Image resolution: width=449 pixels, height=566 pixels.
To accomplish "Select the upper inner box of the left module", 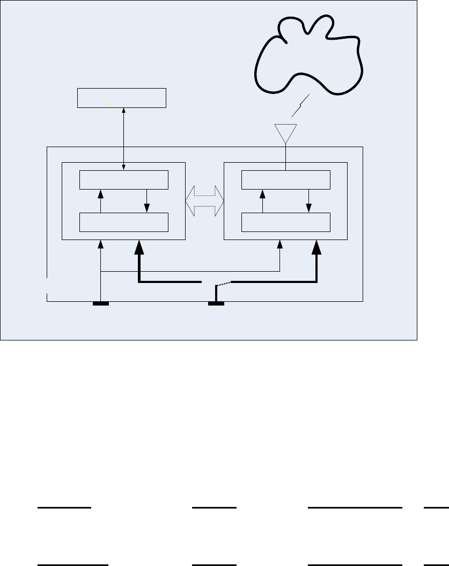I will [124, 180].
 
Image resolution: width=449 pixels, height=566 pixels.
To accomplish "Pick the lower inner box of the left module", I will [124, 222].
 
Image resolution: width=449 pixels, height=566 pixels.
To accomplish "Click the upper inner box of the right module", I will [286, 180].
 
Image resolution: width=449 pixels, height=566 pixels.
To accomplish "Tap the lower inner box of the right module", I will [286, 222].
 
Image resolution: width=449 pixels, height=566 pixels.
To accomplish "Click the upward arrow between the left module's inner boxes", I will [101, 201].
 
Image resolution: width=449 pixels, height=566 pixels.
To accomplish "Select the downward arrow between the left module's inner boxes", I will [147, 201].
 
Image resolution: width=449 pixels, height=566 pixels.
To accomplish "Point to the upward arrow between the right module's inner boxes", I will [262, 201].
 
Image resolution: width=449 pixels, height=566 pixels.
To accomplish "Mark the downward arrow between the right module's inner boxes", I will [309, 201].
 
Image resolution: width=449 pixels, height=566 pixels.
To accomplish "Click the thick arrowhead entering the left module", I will [139, 248].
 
